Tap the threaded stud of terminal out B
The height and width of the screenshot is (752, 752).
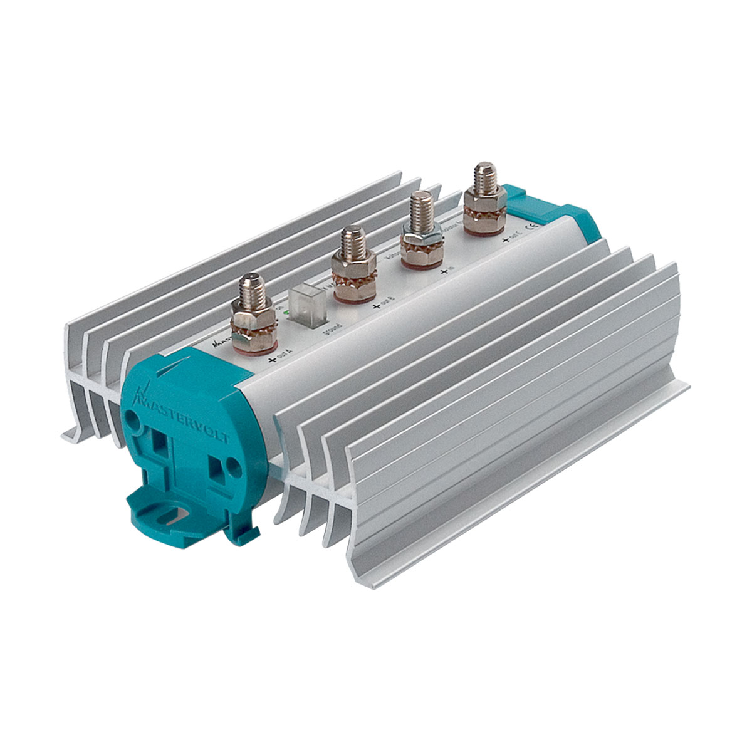353,243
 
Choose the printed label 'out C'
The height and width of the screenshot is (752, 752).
513,238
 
